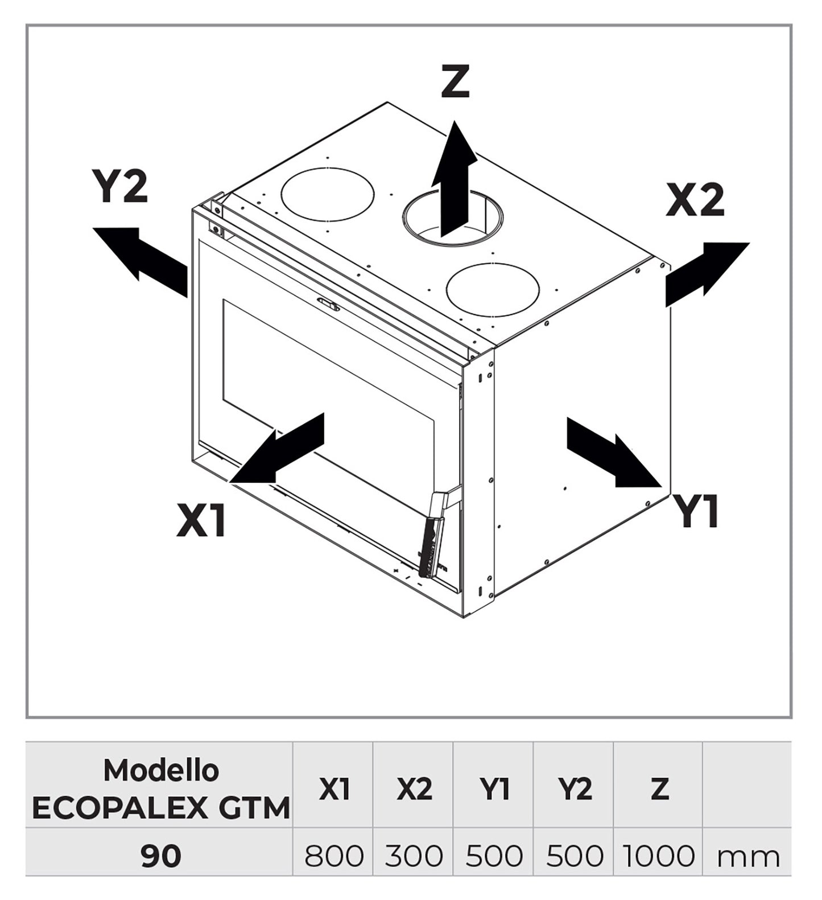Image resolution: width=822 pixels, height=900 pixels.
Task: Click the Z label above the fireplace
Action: (455, 81)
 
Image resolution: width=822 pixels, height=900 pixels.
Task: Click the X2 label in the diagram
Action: (695, 200)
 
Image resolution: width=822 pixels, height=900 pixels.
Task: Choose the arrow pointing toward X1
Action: (279, 450)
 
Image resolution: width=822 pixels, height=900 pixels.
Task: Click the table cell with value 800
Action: (333, 856)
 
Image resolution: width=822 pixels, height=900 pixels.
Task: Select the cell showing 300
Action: (414, 856)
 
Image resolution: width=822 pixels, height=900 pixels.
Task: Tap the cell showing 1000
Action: (659, 856)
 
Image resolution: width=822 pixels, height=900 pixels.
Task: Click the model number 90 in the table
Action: (161, 856)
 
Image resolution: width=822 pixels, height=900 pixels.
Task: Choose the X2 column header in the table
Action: (414, 789)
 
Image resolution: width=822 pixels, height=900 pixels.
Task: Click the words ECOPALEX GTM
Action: (161, 808)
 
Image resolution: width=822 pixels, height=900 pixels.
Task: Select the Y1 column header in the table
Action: (494, 789)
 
